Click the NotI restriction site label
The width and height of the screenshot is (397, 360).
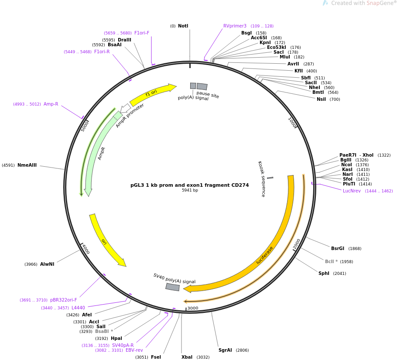pos(183,26)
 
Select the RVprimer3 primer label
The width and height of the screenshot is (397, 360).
pos(235,26)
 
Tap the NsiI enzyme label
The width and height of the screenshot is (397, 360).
pos(322,99)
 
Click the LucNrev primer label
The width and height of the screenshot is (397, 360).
pos(352,191)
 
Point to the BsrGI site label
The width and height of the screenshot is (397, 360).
pos(338,249)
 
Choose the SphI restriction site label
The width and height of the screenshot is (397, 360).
pos(324,274)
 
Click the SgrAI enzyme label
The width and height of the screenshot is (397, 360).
pos(226,350)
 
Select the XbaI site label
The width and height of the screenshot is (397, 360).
pos(187,357)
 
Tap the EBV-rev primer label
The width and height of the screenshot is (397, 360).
pos(134,350)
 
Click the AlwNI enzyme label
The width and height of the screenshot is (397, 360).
pos(47,264)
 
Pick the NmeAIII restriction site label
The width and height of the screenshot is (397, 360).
pos(27,165)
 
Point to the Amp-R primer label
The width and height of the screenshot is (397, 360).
pos(51,104)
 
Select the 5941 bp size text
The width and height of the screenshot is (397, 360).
pos(190,190)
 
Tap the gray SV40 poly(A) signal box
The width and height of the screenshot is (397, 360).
pos(173,287)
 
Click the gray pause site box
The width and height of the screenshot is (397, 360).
pos(202,86)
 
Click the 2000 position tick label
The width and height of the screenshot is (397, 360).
pos(297,244)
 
